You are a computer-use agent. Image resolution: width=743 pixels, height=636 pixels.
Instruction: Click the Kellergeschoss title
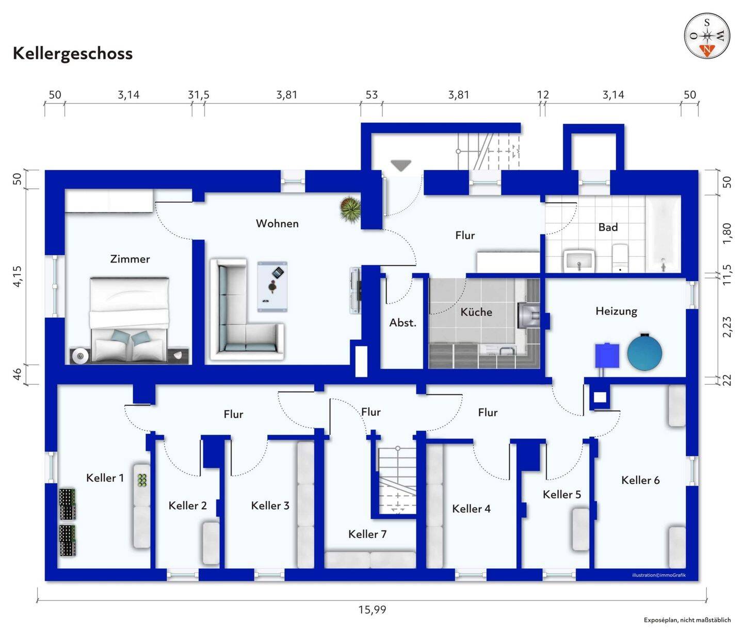coord(73,54)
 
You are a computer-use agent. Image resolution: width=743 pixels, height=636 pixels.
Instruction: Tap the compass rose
coord(707,36)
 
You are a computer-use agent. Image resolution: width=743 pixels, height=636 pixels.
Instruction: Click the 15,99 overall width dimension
coord(372,609)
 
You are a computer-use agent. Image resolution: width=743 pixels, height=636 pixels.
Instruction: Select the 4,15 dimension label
coord(17,276)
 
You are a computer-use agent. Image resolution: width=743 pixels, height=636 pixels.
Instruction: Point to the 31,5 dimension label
coord(199,95)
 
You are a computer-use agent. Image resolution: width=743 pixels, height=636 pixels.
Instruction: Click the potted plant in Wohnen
coord(350,209)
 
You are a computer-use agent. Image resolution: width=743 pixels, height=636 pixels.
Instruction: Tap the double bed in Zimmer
coord(130,319)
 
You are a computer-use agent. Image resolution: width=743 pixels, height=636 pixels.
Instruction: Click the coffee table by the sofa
coord(272,287)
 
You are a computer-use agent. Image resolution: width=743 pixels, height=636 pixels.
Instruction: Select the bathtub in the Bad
coord(663,234)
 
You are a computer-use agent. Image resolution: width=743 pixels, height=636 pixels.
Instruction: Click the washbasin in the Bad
coord(579,260)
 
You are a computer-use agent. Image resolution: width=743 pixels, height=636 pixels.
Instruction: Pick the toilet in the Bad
coord(620,258)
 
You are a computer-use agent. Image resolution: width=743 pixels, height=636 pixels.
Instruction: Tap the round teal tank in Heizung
coord(644,352)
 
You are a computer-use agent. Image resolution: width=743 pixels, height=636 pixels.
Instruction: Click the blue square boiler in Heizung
coord(607,355)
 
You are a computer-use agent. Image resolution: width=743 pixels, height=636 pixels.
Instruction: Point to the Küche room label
coord(476,312)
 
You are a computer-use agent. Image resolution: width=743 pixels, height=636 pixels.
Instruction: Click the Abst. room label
coord(402,323)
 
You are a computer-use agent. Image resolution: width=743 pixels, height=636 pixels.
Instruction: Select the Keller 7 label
coord(367,534)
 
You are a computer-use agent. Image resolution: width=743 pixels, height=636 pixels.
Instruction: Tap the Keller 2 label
coord(188,506)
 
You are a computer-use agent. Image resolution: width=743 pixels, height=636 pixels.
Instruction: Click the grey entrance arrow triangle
coord(401,166)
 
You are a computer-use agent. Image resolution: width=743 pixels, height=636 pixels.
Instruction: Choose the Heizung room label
coord(616,311)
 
